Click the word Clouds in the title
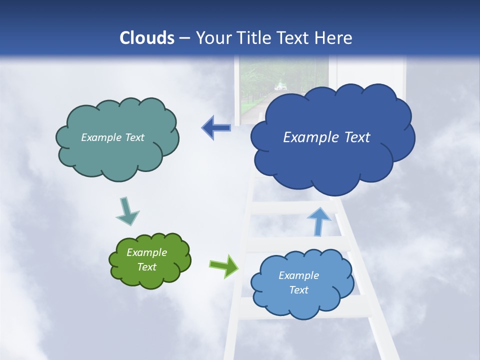(147, 38)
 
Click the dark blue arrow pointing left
(216, 128)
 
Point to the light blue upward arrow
(318, 220)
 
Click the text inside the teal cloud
(112, 137)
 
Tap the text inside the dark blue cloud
(326, 137)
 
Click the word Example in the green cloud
(146, 252)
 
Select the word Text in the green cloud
(146, 267)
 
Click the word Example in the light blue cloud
(298, 275)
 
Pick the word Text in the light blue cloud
(298, 290)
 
